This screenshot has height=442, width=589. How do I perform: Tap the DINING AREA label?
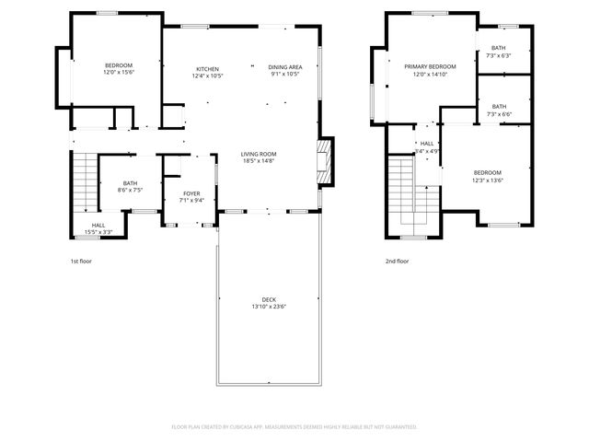[285, 67]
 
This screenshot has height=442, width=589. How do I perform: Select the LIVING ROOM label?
[259, 154]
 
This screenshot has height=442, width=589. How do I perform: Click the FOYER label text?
[191, 193]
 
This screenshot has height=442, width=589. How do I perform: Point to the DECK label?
[269, 299]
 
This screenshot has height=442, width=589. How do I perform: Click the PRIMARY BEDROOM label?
[431, 67]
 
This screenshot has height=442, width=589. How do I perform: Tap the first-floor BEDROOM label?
[119, 65]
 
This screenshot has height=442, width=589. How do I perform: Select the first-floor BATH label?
[130, 183]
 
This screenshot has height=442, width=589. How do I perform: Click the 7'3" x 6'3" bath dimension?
[498, 55]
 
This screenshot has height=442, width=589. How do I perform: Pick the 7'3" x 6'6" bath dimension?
[498, 114]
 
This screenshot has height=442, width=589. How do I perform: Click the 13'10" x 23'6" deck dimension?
[269, 307]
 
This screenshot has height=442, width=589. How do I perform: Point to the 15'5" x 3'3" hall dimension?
[98, 231]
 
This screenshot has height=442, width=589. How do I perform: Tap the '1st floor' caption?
[81, 262]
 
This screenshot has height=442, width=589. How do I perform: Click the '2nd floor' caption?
[398, 262]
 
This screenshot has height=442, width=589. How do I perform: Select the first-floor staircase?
[83, 180]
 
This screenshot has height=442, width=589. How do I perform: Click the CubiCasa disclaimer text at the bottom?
[294, 427]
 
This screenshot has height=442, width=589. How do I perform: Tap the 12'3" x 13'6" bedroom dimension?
[487, 180]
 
